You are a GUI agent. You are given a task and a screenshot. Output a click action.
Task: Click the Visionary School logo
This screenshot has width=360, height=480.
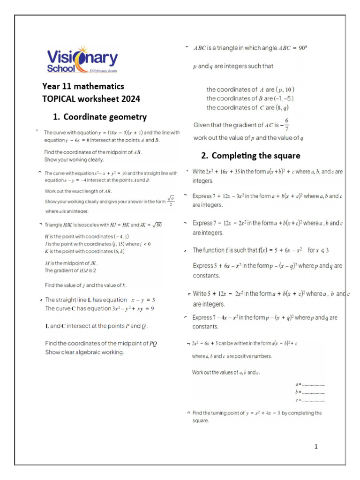pyautogui.click(x=82, y=60)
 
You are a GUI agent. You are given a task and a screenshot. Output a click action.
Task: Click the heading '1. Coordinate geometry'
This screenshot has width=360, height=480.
pyautogui.click(x=100, y=117)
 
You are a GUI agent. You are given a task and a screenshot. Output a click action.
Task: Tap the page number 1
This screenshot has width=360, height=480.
pyautogui.click(x=316, y=447)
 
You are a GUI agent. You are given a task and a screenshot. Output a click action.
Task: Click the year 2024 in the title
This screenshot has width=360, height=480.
pyautogui.click(x=131, y=99)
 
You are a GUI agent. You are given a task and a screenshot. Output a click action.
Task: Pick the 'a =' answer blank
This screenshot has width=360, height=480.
pyautogui.click(x=310, y=384)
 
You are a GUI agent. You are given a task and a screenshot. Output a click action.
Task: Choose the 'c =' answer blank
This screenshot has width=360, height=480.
pyautogui.click(x=310, y=400)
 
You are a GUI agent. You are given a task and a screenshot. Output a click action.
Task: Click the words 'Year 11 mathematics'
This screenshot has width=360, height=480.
pyautogui.click(x=83, y=87)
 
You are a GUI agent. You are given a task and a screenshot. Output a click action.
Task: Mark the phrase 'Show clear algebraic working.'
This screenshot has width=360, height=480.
pyautogui.click(x=84, y=352)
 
